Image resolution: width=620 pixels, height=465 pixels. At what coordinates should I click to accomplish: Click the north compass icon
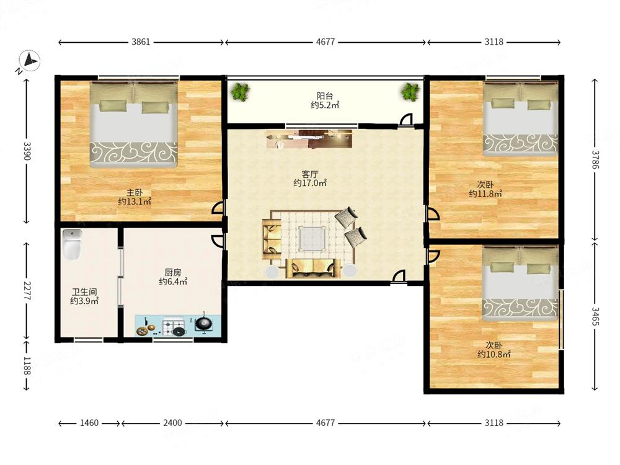pos(29,61)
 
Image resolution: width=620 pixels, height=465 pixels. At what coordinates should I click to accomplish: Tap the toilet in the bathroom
pos(72,244)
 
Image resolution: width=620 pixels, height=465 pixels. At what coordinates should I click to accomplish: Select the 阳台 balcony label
pos(325,95)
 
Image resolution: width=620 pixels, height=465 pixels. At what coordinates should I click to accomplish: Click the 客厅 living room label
pos(310,174)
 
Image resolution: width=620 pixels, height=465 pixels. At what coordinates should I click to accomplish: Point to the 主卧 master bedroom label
pos(135,193)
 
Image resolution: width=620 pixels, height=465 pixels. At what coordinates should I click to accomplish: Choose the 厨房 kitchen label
pos(173,272)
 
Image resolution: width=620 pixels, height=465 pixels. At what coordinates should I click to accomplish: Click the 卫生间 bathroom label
pos(84,292)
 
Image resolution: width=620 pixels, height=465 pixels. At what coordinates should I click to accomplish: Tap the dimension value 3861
pos(141,42)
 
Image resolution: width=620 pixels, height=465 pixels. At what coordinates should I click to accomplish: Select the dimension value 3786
pos(595,159)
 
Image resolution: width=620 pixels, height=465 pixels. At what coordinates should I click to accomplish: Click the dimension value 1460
pos(89,423)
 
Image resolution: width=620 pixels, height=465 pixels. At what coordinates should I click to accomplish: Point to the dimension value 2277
pos(27,291)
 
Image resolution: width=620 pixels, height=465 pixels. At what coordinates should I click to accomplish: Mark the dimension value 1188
pos(27,366)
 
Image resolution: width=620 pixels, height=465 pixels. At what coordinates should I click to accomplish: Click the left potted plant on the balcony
pos(240,92)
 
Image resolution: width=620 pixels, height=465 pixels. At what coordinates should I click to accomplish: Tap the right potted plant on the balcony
pos(410,92)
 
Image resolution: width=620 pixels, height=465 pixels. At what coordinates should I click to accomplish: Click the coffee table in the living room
pos(312,238)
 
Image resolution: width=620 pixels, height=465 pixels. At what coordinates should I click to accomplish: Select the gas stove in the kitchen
pos(174,327)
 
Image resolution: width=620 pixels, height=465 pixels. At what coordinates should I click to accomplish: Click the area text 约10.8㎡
pos(494,354)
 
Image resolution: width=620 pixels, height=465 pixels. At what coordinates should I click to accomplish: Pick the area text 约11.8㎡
pos(485,193)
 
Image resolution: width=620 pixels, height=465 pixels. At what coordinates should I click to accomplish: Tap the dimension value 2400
pos(173,423)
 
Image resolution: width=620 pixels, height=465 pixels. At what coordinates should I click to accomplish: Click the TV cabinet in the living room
pos(309,139)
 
